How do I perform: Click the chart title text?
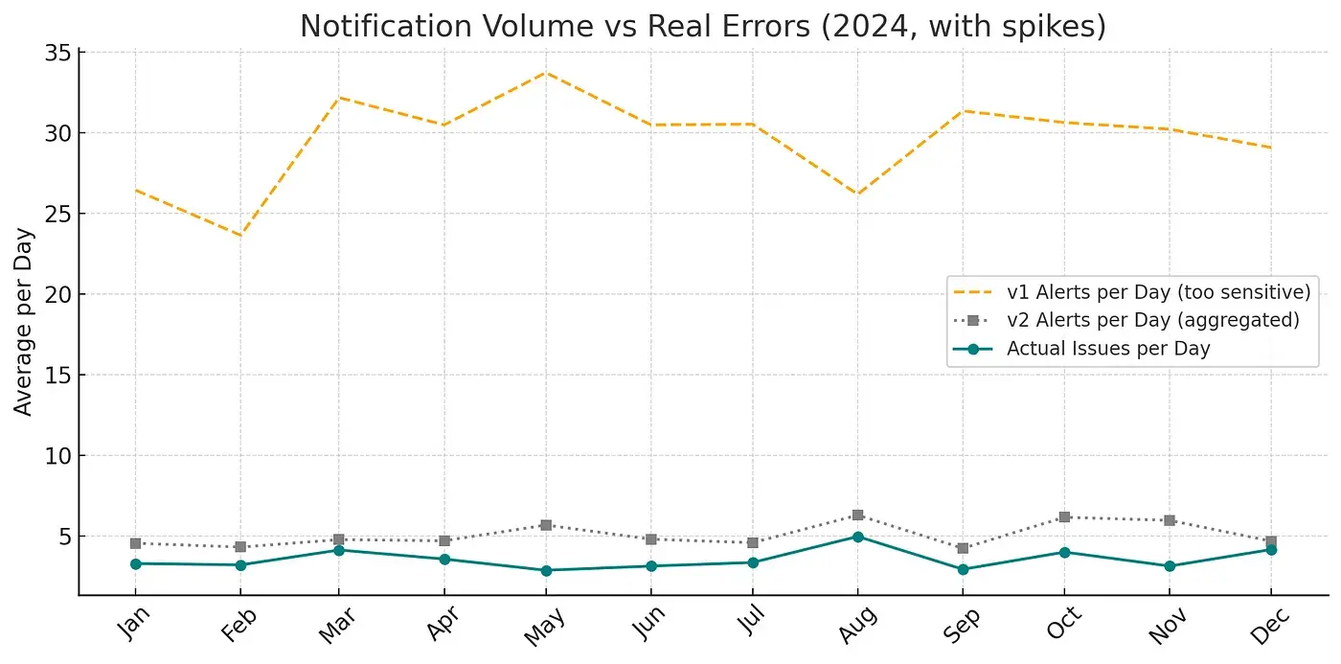(702, 26)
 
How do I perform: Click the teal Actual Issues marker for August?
(857, 537)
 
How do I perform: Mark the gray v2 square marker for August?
(857, 515)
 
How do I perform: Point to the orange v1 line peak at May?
(546, 72)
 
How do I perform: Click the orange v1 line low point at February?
(240, 236)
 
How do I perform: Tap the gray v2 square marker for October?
(1063, 517)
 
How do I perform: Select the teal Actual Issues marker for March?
(339, 550)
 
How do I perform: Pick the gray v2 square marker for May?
(546, 525)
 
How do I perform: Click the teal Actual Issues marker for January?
(136, 563)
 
